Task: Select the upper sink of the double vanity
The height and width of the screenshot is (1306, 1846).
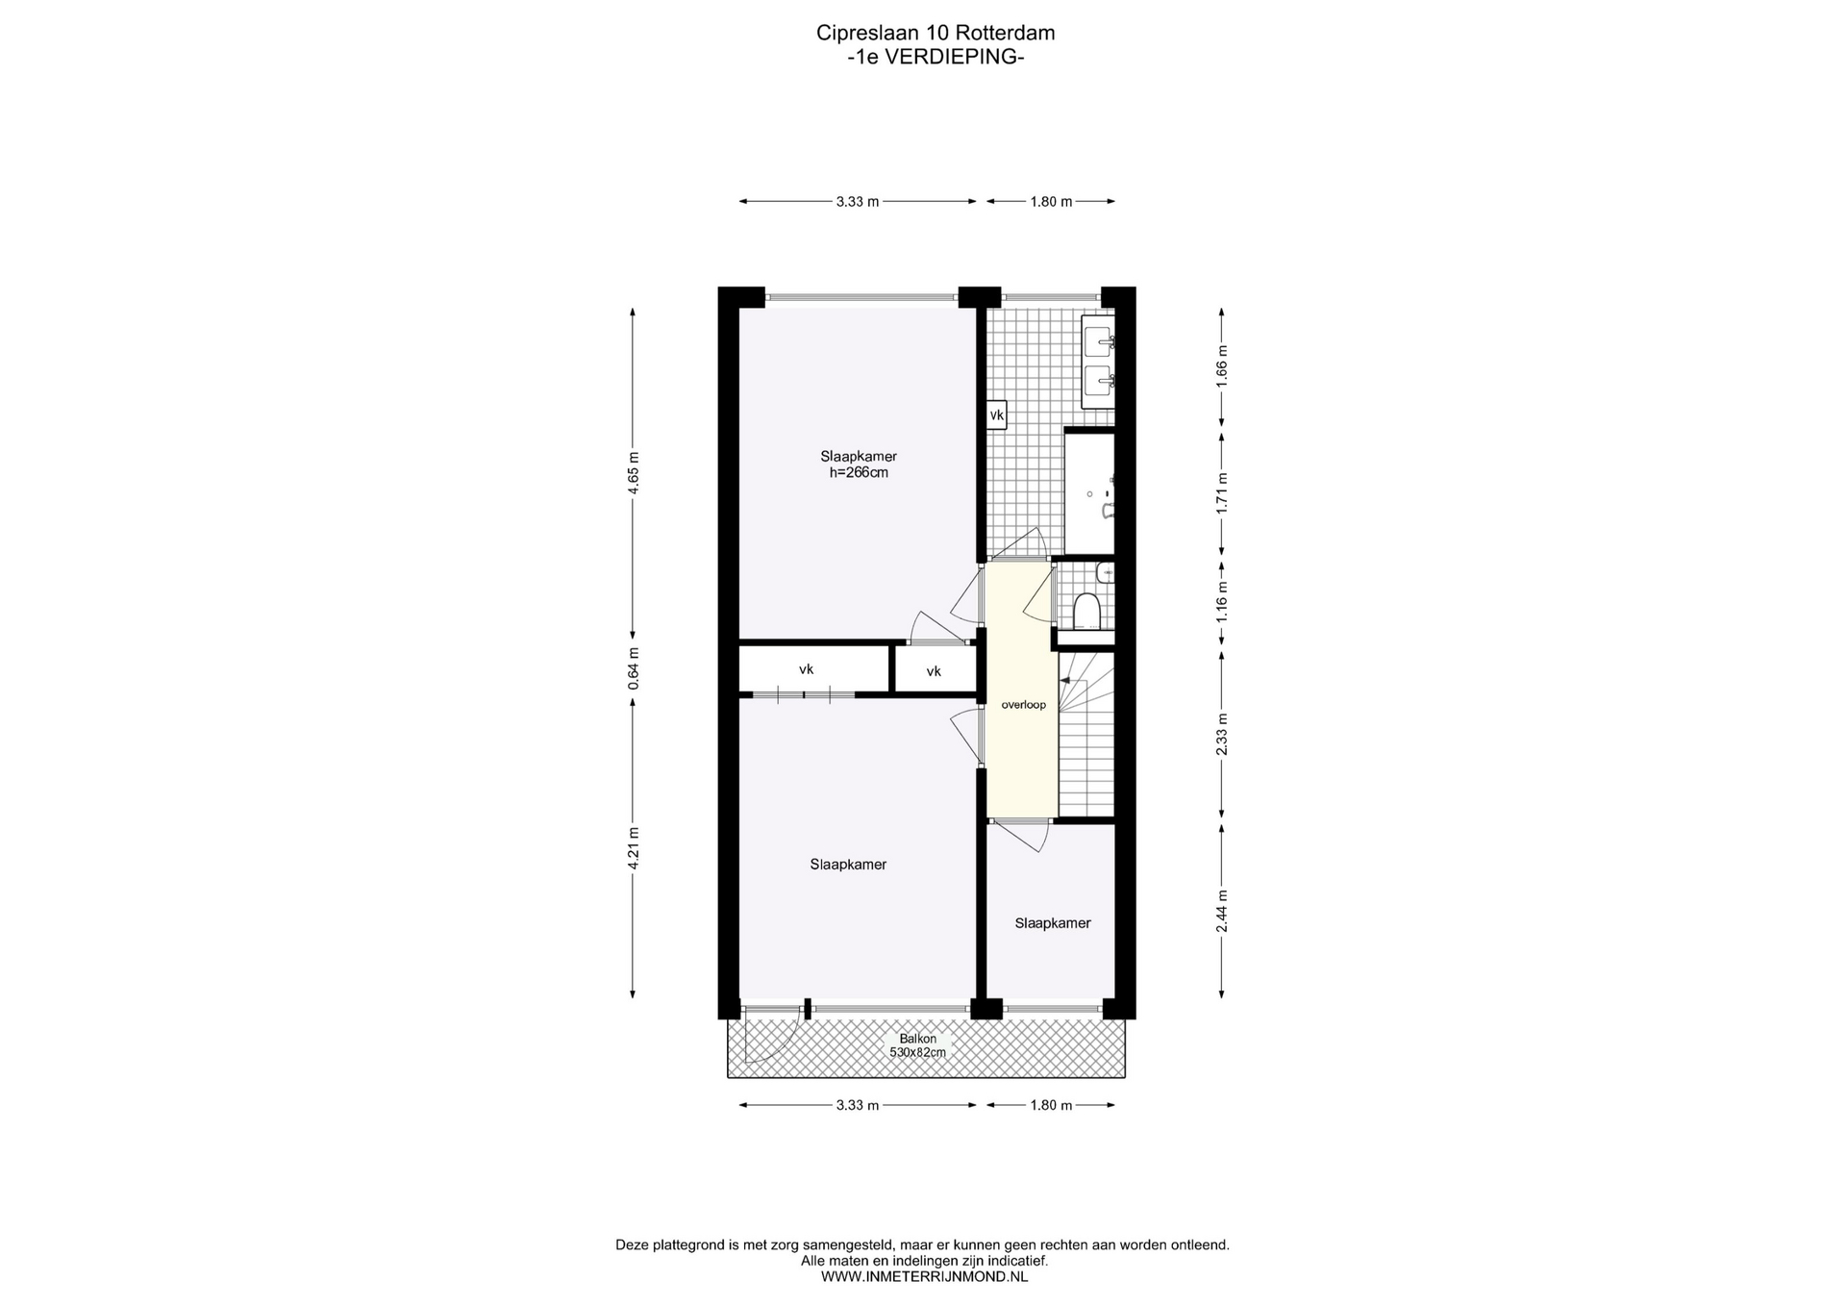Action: tap(1099, 339)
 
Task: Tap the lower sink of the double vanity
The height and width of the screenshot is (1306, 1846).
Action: tap(1099, 380)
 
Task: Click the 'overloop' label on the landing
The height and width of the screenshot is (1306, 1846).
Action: tap(1023, 705)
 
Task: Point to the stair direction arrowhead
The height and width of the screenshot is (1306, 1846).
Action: tap(1064, 681)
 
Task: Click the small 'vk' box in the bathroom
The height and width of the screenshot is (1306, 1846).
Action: tap(997, 415)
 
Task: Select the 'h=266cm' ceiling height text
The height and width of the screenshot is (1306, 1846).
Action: tap(859, 473)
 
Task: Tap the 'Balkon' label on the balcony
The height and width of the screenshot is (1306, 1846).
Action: tap(917, 1039)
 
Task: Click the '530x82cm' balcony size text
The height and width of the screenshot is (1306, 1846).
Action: tap(917, 1052)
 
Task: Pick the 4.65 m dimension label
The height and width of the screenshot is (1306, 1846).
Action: tap(633, 473)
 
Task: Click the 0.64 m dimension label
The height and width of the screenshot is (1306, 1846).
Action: tap(633, 668)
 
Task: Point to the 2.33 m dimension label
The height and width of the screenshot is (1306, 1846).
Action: tap(1222, 734)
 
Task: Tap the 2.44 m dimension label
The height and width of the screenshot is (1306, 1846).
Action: tap(1222, 911)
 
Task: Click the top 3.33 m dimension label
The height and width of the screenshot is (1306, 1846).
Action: tap(858, 202)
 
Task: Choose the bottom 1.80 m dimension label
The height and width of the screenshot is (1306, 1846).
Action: tap(1051, 1105)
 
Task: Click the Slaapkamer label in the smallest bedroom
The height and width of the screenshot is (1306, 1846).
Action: tap(1053, 923)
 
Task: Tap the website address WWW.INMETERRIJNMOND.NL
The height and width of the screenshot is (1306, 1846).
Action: tap(924, 1276)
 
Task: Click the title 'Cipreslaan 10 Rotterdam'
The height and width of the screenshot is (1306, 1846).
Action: tap(935, 33)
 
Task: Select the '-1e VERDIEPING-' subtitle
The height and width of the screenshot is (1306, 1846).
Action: tap(935, 57)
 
